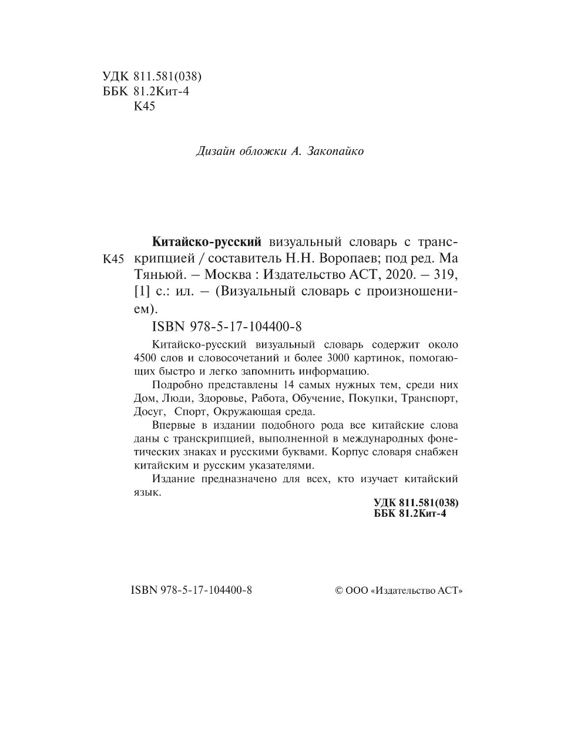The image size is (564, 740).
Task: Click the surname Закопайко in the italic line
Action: [335, 152]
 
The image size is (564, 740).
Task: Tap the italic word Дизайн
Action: [215, 152]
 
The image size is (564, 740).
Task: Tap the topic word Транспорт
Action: [429, 398]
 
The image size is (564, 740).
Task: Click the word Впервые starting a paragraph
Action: [173, 425]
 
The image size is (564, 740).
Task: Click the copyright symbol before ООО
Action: [338, 591]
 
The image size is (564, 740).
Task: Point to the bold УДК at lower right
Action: [385, 503]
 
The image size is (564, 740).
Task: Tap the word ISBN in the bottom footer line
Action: [143, 591]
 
